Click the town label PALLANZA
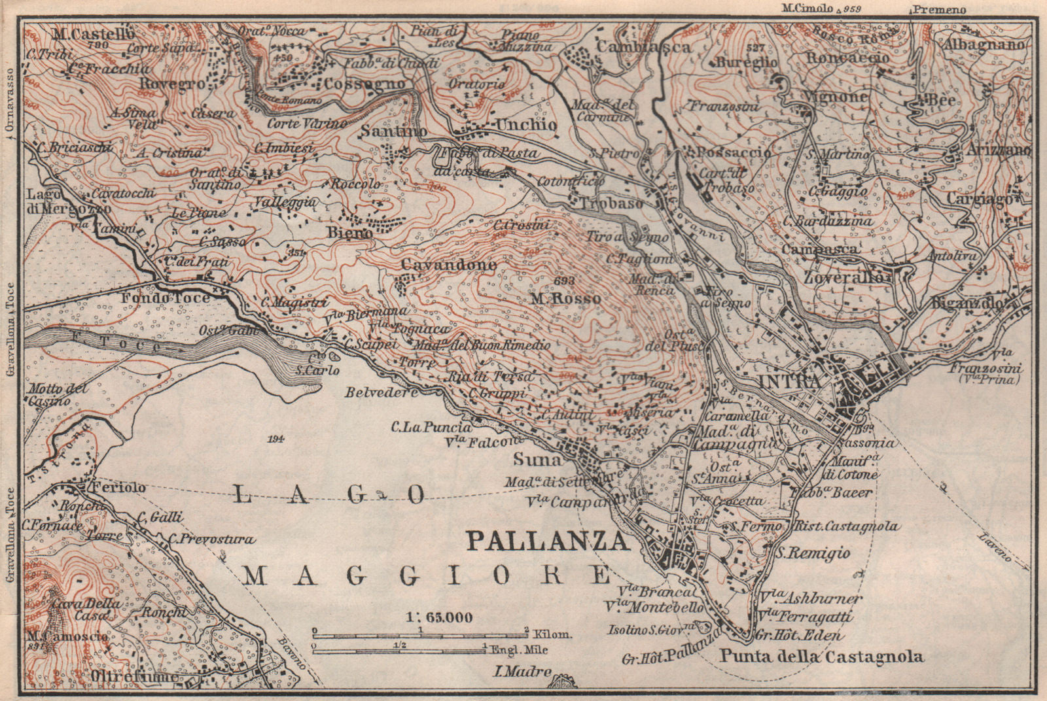pyautogui.click(x=546, y=541)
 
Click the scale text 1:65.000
pyautogui.click(x=440, y=617)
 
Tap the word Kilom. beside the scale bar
pyautogui.click(x=553, y=634)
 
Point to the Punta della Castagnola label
pyautogui.click(x=822, y=657)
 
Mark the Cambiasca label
pyautogui.click(x=643, y=47)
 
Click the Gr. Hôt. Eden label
pyautogui.click(x=798, y=635)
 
